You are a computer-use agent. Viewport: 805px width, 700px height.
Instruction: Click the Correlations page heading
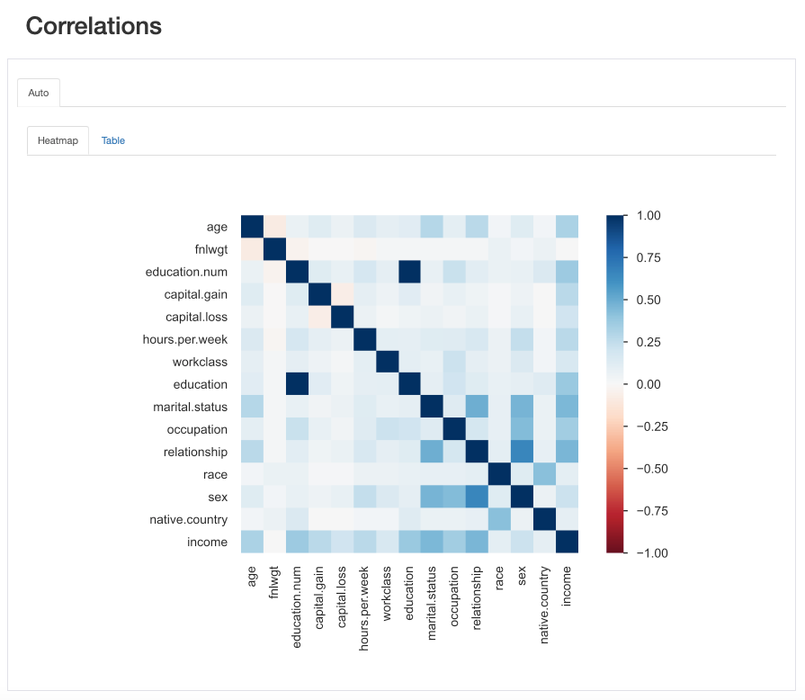click(94, 26)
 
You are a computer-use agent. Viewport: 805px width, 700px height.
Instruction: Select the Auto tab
click(39, 93)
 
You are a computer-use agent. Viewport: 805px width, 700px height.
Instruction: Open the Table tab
click(113, 140)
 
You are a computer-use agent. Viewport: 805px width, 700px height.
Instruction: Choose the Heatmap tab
click(58, 140)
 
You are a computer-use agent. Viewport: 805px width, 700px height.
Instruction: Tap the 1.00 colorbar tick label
click(649, 216)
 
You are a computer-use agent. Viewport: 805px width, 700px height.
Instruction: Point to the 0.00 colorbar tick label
click(649, 384)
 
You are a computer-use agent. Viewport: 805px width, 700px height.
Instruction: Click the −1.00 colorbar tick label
click(646, 552)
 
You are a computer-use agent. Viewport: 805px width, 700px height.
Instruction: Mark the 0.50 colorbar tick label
click(649, 300)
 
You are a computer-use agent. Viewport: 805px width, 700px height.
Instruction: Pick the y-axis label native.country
click(189, 519)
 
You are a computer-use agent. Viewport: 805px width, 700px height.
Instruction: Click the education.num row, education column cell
click(408, 272)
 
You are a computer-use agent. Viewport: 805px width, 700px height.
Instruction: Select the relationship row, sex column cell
click(521, 452)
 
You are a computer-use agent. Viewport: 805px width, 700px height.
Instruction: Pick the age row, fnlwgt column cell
click(273, 227)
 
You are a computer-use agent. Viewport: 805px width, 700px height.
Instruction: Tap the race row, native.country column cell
click(543, 474)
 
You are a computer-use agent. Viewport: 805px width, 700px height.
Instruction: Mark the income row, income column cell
click(566, 542)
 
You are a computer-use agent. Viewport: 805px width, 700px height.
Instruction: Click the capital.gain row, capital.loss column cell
click(341, 294)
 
